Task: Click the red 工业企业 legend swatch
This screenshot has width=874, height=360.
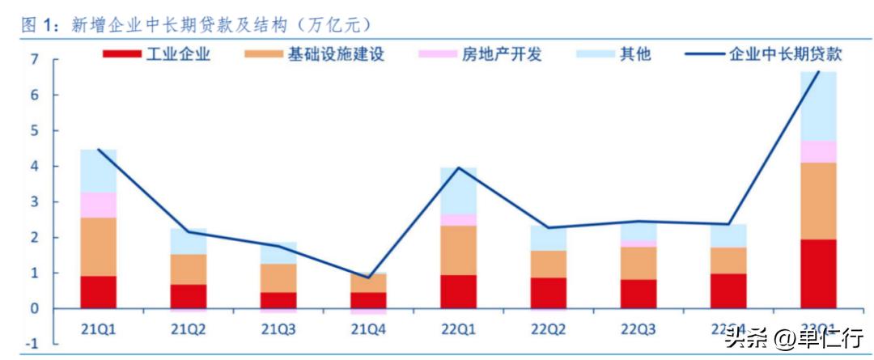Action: tap(121, 55)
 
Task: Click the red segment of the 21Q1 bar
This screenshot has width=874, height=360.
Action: tap(98, 292)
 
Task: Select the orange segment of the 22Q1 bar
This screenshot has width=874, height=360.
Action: tap(458, 250)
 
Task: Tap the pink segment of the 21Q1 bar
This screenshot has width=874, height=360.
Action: tap(98, 205)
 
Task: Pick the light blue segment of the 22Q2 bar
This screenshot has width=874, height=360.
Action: tap(548, 238)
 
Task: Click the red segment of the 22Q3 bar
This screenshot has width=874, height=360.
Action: tap(639, 294)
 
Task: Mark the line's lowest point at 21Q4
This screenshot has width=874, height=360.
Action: tap(368, 277)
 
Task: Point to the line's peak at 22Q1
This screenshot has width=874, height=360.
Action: tap(458, 167)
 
